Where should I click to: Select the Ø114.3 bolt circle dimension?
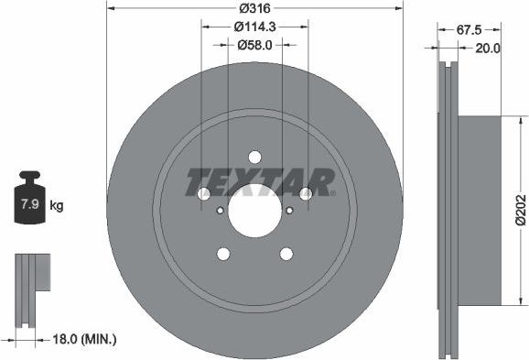coord(254,27)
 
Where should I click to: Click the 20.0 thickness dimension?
coord(489,49)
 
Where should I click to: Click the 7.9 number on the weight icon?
coord(28,205)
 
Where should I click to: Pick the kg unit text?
coord(57,205)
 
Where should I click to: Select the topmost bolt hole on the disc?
coord(254,156)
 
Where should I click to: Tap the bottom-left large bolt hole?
coord(222,254)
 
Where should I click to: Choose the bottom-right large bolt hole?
coord(286,254)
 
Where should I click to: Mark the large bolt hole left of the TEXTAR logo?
coord(204,193)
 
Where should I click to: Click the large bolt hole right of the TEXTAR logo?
coord(306,193)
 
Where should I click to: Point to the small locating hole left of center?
coord(220,211)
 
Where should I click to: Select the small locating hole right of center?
coord(289,211)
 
